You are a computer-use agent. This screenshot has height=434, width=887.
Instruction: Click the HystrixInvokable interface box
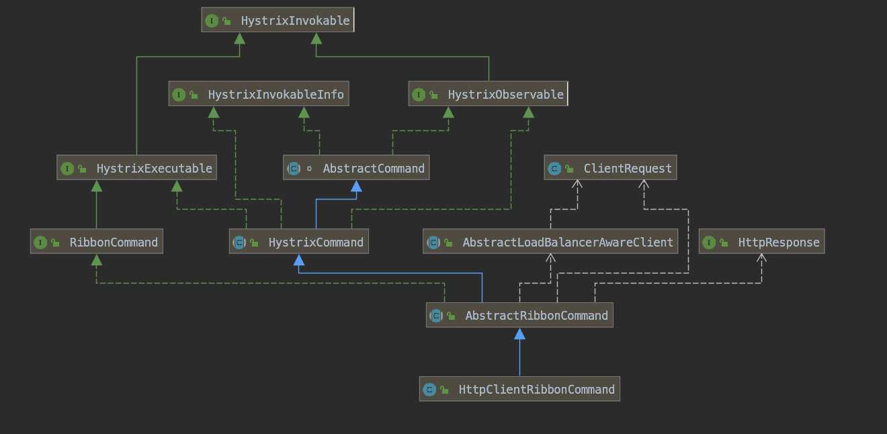click(x=278, y=20)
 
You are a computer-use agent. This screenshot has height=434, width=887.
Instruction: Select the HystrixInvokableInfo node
click(x=259, y=95)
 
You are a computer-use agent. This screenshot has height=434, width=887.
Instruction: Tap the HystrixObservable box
click(x=488, y=95)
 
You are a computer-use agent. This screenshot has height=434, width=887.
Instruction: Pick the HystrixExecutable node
click(x=136, y=168)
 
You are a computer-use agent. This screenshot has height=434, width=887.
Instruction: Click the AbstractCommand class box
click(x=356, y=168)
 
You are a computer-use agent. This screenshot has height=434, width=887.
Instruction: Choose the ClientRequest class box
click(x=610, y=168)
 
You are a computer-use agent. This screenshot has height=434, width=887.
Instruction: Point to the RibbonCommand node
click(x=96, y=242)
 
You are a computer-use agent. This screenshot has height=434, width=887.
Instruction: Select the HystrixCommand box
click(x=298, y=242)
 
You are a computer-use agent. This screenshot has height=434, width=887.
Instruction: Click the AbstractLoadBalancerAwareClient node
click(x=550, y=242)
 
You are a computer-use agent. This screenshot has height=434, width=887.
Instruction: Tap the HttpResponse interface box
click(x=761, y=242)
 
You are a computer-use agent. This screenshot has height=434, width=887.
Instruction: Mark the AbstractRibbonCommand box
click(x=519, y=315)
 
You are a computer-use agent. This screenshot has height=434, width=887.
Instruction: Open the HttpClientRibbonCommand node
click(x=519, y=389)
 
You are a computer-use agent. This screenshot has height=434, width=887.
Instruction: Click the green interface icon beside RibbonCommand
click(x=40, y=243)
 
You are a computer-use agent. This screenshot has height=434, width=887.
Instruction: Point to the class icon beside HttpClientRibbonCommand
click(x=429, y=390)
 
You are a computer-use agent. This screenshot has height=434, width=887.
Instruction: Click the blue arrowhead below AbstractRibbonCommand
click(x=519, y=334)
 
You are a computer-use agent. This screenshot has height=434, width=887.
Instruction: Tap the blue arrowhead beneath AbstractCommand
click(x=356, y=186)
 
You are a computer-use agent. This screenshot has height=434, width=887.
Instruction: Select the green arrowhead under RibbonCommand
click(x=96, y=260)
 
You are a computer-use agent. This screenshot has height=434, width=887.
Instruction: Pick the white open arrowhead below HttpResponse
click(x=761, y=259)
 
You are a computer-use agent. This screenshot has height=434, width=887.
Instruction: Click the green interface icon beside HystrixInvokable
click(x=212, y=21)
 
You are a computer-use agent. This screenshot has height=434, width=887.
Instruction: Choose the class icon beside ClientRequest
click(x=554, y=169)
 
